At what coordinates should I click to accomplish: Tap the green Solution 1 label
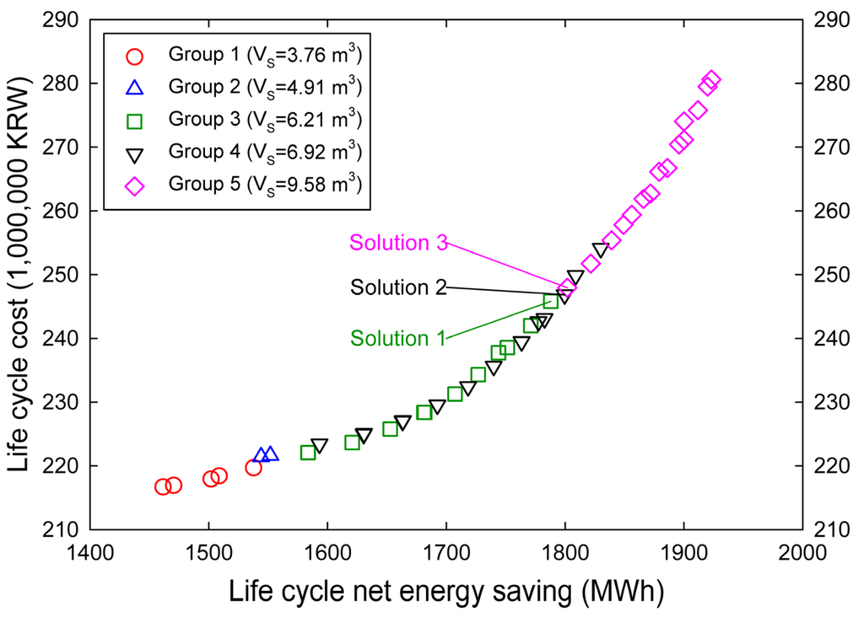point(397,338)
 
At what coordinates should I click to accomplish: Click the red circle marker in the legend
point(135,56)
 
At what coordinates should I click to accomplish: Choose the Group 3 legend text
point(266,118)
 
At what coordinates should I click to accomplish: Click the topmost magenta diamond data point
point(711,80)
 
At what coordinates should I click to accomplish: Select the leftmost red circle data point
point(163,486)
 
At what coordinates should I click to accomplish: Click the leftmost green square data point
point(308,453)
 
